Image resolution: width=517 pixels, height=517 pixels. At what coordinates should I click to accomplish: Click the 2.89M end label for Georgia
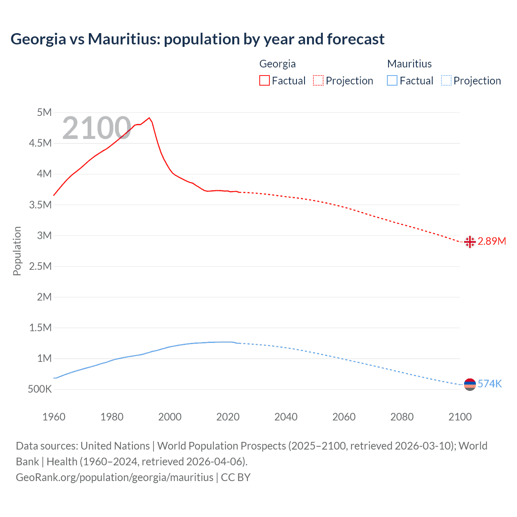tap(492, 241)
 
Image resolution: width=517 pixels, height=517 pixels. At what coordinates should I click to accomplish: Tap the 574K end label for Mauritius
tap(490, 384)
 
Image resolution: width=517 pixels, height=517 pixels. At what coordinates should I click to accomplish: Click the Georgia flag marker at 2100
tap(470, 242)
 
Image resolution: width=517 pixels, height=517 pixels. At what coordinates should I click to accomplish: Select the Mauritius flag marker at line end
tap(470, 384)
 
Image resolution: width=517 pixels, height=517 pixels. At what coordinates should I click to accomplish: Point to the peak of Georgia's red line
tap(149, 118)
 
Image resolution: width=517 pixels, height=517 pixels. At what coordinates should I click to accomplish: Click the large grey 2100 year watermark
tap(97, 128)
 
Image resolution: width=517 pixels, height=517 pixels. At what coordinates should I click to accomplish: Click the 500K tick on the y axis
tap(40, 389)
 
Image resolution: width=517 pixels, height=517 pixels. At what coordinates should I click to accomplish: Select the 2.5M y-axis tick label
tap(40, 266)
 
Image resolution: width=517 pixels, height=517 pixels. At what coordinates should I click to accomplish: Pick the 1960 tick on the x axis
tap(54, 417)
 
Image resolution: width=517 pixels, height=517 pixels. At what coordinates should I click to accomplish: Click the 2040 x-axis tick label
tap(286, 417)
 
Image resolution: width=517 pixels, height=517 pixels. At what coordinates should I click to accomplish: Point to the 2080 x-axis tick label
tap(402, 417)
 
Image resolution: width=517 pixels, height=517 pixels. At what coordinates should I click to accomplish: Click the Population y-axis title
tap(17, 251)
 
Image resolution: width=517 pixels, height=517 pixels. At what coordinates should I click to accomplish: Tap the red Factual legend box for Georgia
tap(265, 80)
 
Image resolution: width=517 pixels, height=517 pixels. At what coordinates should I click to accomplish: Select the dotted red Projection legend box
tap(318, 80)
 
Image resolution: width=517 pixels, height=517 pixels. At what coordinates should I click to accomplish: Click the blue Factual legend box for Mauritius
tap(392, 80)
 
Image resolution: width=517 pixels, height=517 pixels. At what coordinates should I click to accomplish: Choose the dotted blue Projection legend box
tap(446, 80)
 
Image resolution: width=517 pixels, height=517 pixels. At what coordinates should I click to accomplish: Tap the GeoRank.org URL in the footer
tap(114, 477)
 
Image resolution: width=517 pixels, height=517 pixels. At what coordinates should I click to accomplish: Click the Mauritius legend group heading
tap(409, 64)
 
